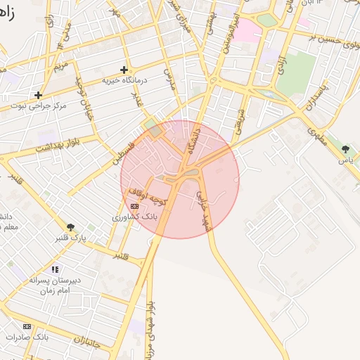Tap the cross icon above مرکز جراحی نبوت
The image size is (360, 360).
pyautogui.click(x=38, y=95)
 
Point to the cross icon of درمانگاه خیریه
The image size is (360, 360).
pyautogui.click(x=124, y=70)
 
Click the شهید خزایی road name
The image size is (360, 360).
pyautogui.click(x=205, y=208)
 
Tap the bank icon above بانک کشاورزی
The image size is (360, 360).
pyautogui.click(x=134, y=206)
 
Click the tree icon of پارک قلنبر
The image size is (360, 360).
pyautogui.click(x=70, y=226)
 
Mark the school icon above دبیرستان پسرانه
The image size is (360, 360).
pyautogui.click(x=55, y=269)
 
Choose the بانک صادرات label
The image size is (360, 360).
pyautogui.click(x=27, y=337)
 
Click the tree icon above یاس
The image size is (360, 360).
pyautogui.click(x=345, y=149)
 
